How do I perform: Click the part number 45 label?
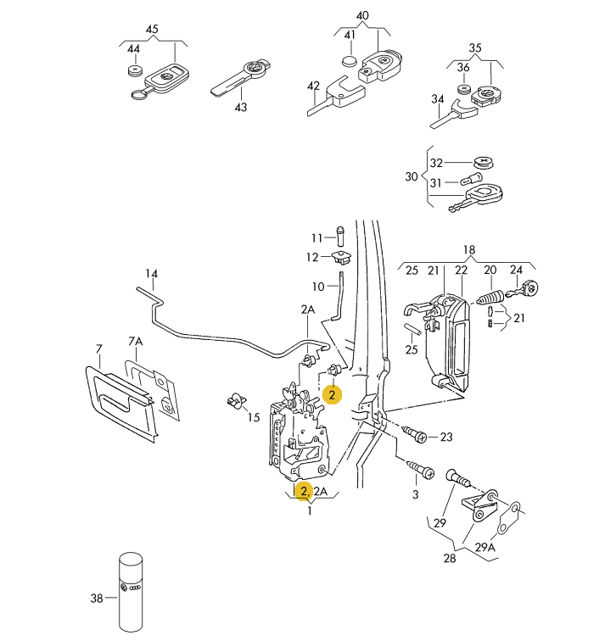tap(153, 30)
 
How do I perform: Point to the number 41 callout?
tap(350, 35)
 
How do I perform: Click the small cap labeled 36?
tap(464, 88)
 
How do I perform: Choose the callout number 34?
tap(437, 99)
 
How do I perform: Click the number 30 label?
tap(412, 176)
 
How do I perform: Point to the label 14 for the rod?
tap(151, 274)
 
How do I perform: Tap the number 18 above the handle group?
tap(469, 249)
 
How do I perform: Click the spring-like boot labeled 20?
tap(491, 299)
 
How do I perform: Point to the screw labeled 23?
tap(415, 435)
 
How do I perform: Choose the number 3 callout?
tap(415, 494)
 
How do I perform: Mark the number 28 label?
tap(449, 557)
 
